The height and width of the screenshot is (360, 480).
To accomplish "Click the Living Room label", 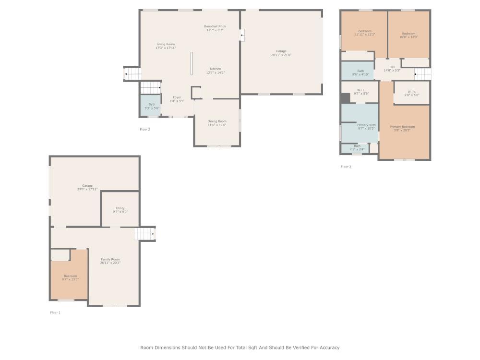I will point(166,44).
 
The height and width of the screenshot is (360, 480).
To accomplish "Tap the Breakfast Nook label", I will point(215,26).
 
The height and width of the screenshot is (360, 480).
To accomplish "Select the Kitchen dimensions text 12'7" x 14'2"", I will point(215,73).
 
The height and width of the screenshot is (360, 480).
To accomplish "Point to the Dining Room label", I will point(216,121).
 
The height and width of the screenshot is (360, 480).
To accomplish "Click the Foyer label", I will point(177,97).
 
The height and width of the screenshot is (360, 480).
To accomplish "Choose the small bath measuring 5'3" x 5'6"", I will point(152,106).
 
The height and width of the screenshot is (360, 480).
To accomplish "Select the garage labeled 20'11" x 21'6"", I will point(281,53).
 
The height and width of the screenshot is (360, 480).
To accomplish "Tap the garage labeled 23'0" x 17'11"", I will point(87,187).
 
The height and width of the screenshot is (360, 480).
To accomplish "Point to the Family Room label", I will point(110,260).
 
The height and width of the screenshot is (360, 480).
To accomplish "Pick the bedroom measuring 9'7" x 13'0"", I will point(70,277).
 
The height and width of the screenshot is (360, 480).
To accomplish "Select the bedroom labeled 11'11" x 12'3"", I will point(364,33).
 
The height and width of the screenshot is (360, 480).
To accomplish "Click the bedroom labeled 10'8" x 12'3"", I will point(408,35).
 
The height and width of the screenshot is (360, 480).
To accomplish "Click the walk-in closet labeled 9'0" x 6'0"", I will point(411,93).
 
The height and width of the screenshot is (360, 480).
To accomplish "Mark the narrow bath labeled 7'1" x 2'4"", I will point(357,148).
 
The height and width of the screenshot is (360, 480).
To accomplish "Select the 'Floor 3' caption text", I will point(346,167).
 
